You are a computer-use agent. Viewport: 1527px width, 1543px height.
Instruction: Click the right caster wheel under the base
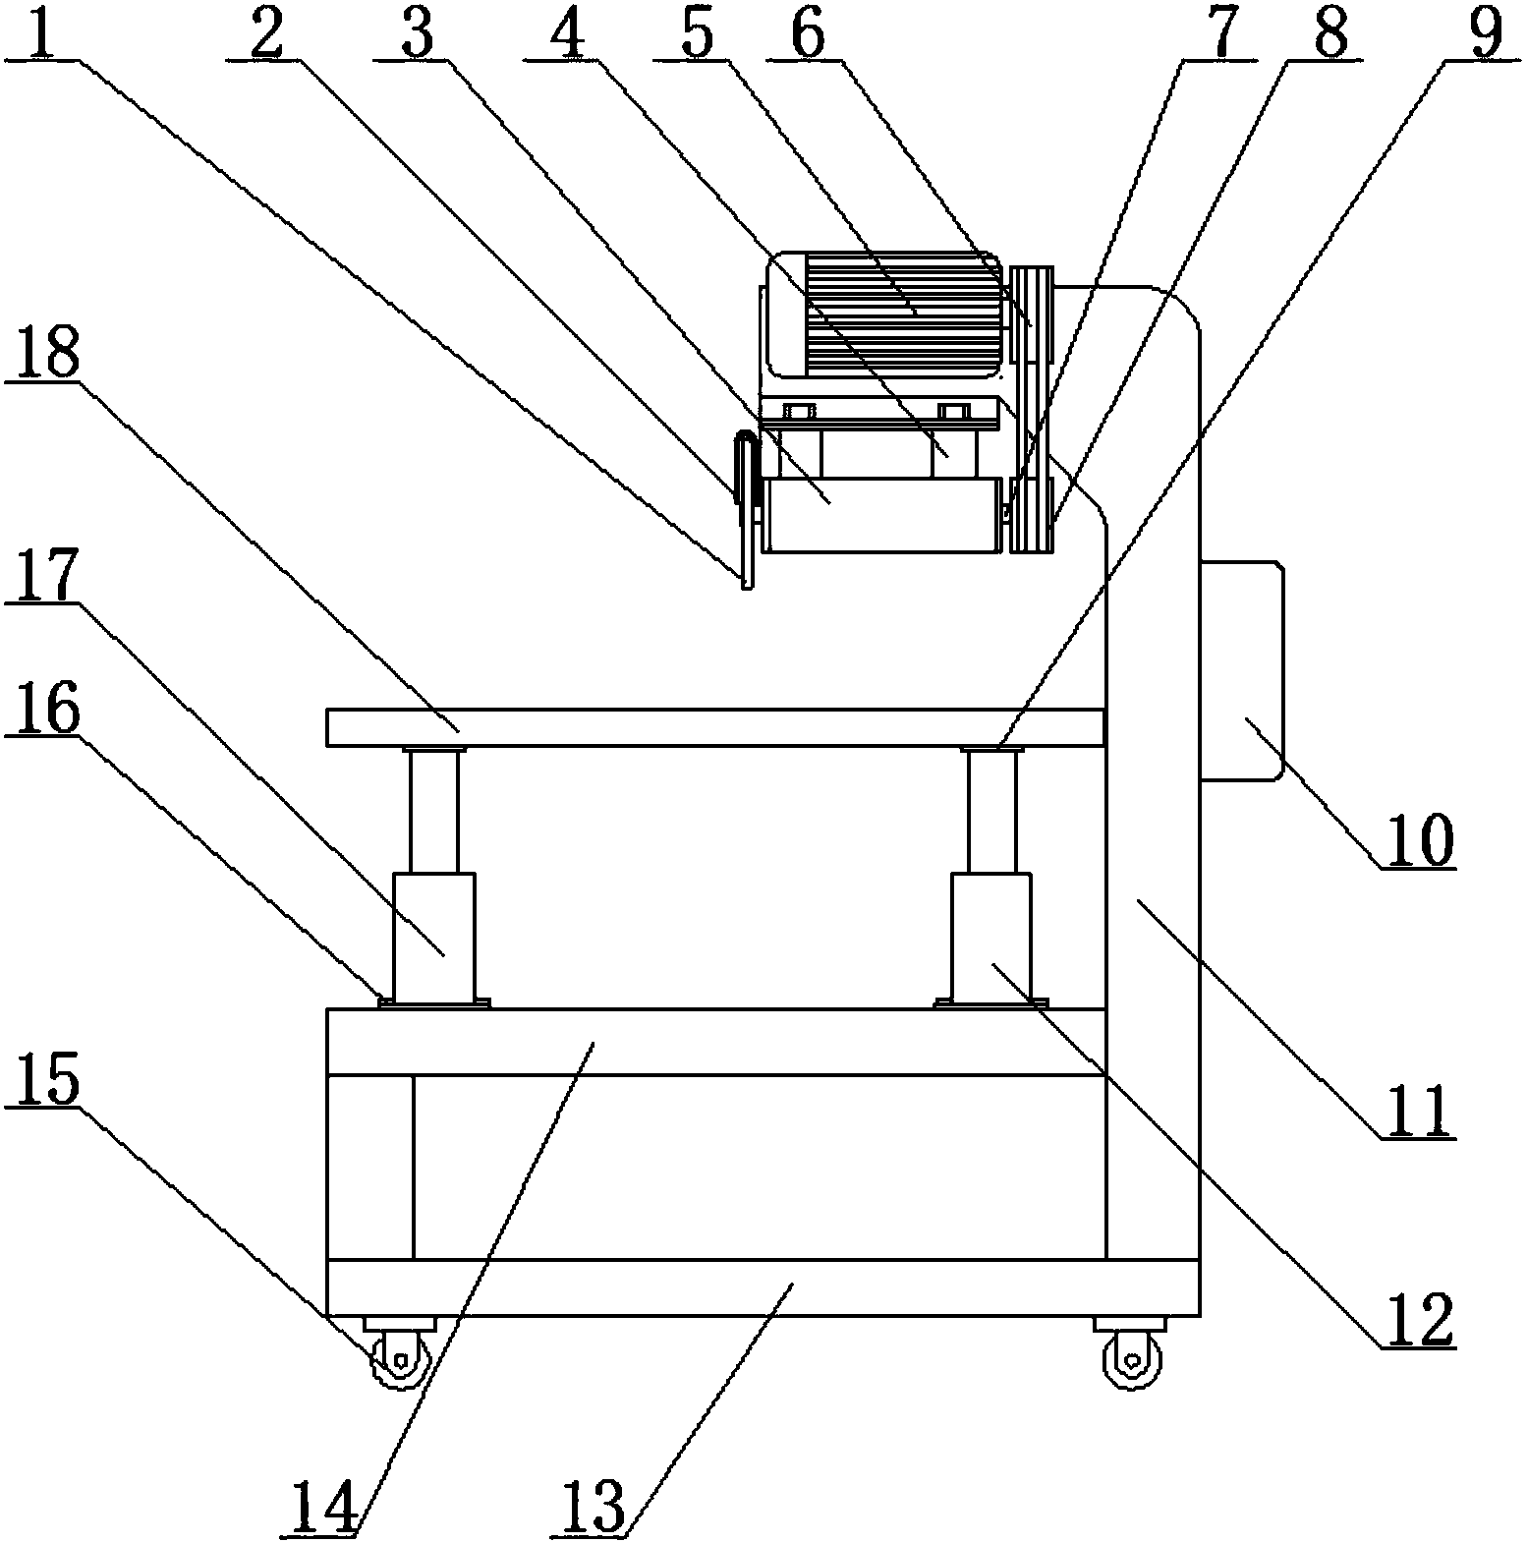pyautogui.click(x=1132, y=1359)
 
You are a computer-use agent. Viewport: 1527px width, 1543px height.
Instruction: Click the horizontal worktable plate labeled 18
pyautogui.click(x=714, y=727)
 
